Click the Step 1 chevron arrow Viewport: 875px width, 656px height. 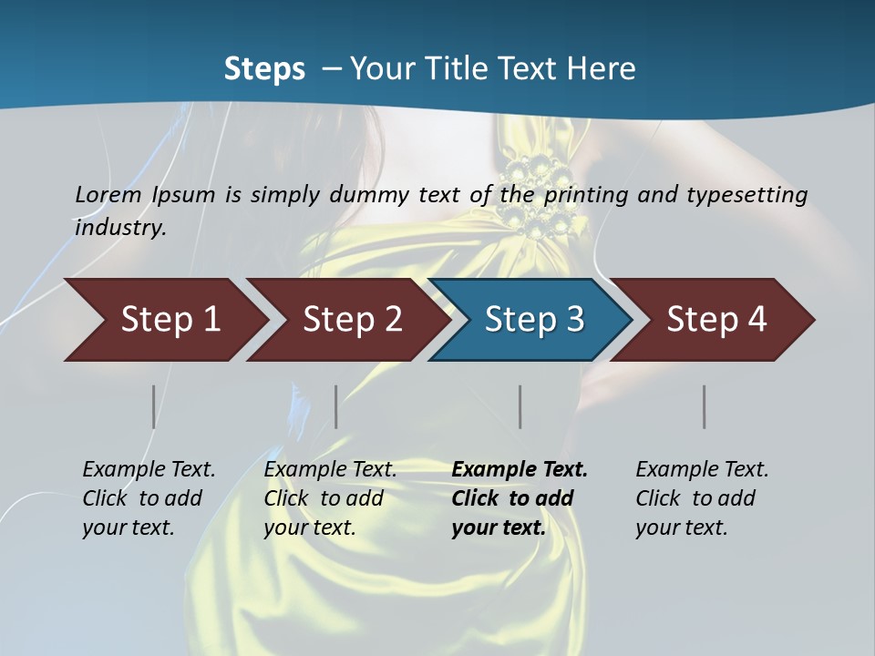169,320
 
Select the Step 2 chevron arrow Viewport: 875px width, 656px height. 351,320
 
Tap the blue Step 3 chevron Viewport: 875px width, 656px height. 533,320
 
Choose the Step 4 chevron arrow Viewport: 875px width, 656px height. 715,320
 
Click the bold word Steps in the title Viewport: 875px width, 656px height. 264,69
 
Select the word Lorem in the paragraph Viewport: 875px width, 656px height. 108,194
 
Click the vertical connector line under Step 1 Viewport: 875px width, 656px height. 153,406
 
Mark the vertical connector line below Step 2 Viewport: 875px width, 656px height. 335,406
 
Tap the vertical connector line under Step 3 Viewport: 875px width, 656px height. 520,406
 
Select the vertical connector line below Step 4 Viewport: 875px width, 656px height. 704,406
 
